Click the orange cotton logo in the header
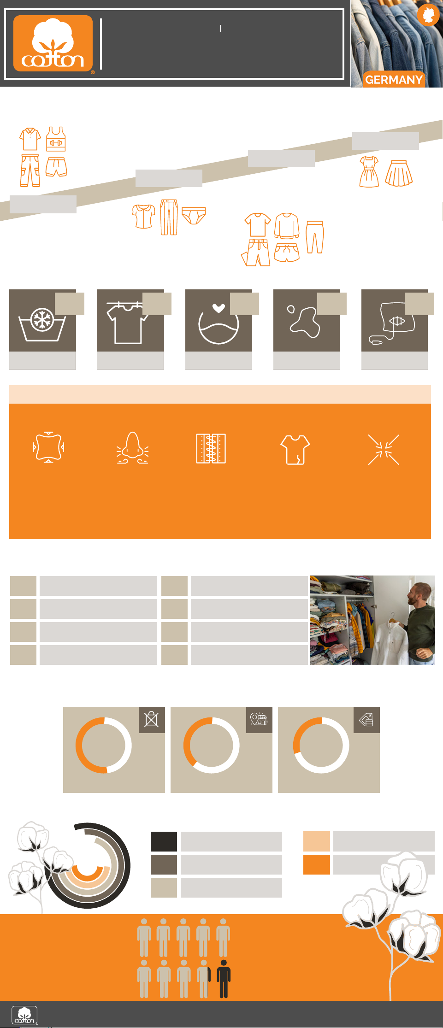tap(53, 43)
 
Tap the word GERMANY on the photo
tap(394, 80)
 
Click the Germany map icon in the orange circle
tap(428, 15)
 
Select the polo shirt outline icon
tap(30, 139)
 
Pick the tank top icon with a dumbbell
tap(56, 139)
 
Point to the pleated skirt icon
tap(399, 173)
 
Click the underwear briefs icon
tap(194, 216)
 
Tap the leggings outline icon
tap(315, 237)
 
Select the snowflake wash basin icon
tap(42, 324)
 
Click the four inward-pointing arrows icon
tap(384, 449)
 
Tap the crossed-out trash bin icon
tap(152, 719)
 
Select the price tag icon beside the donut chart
tap(366, 719)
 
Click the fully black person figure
tap(224, 979)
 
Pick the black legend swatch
tap(164, 841)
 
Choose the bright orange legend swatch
tap(317, 864)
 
